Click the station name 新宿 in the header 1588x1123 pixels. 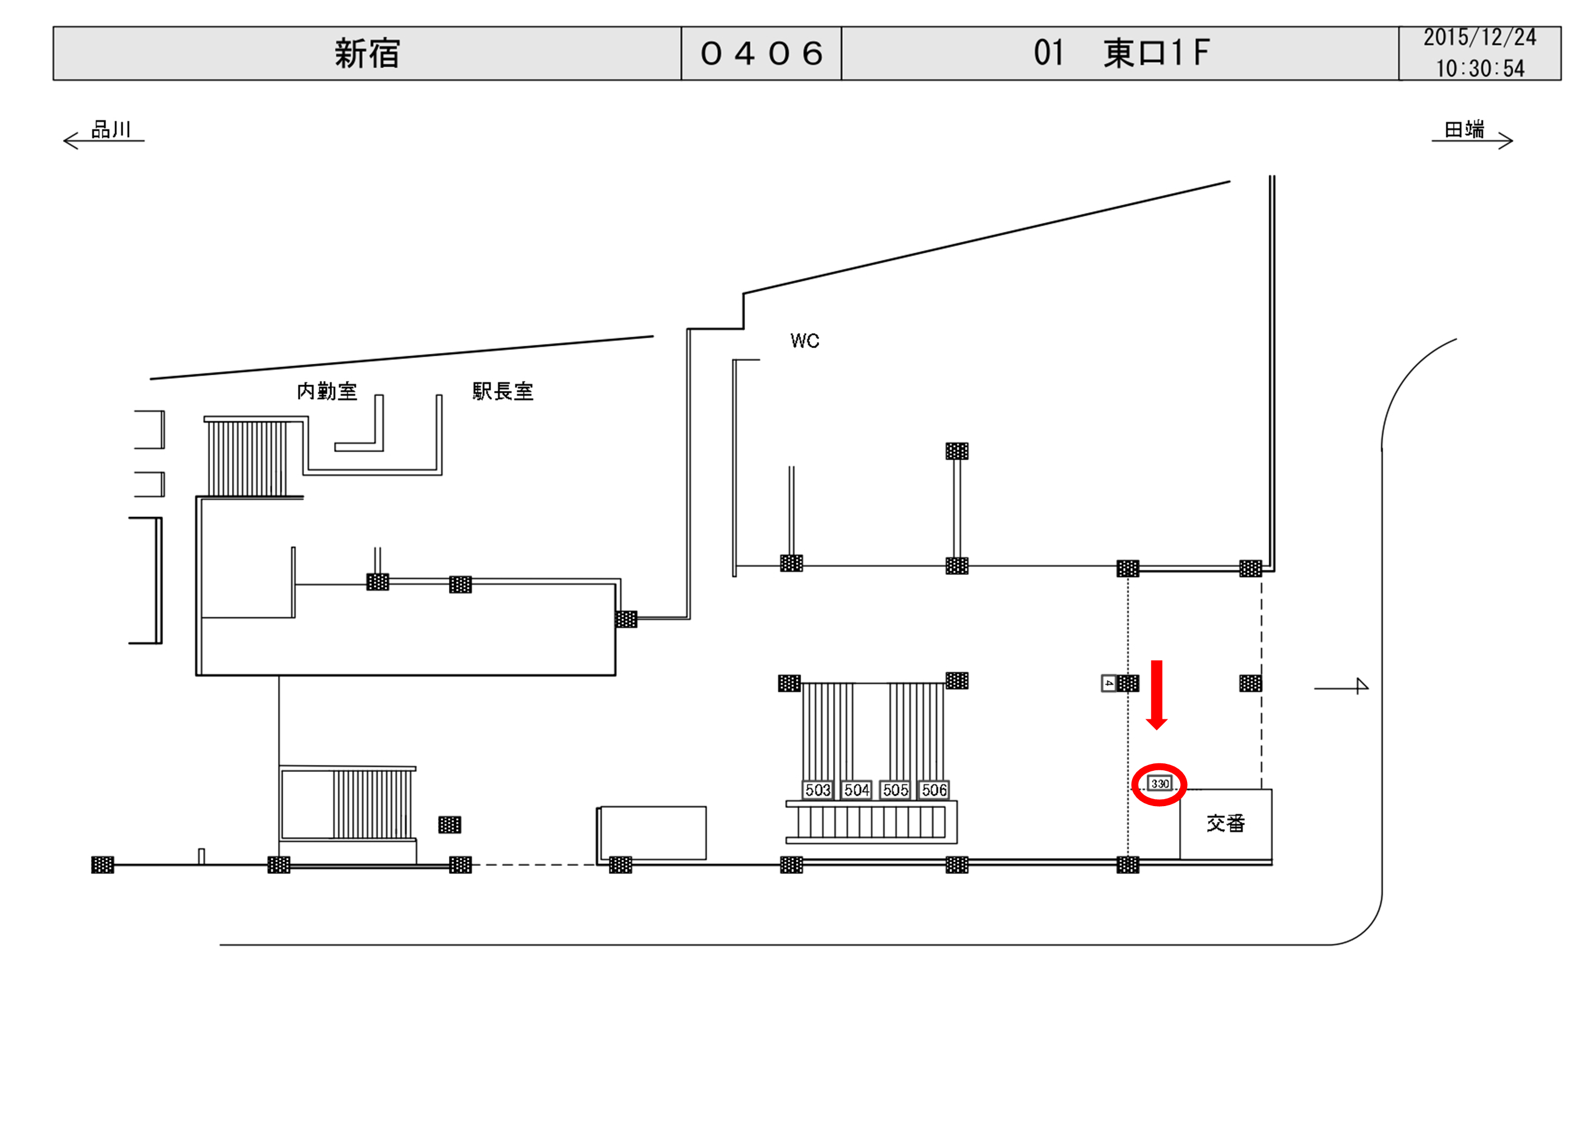(x=367, y=54)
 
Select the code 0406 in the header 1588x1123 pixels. (x=761, y=54)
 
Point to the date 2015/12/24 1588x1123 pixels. (x=1479, y=38)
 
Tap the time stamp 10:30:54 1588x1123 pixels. (x=1479, y=68)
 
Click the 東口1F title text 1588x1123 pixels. (x=1156, y=53)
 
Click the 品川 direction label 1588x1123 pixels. (x=110, y=130)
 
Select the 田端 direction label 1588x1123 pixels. (x=1464, y=130)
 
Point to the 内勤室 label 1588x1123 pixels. (x=326, y=391)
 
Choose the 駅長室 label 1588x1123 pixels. (x=503, y=391)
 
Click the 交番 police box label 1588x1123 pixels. (x=1226, y=823)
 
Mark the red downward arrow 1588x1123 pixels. (x=1156, y=693)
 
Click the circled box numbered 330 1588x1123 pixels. (x=1160, y=784)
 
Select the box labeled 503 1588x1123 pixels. (x=817, y=790)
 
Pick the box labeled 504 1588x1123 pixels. (x=856, y=790)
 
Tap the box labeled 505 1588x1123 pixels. (x=895, y=790)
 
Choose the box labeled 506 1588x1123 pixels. (x=934, y=790)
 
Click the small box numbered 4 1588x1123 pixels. (x=1108, y=683)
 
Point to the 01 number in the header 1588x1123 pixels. (x=1048, y=53)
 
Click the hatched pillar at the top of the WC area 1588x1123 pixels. (x=956, y=451)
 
